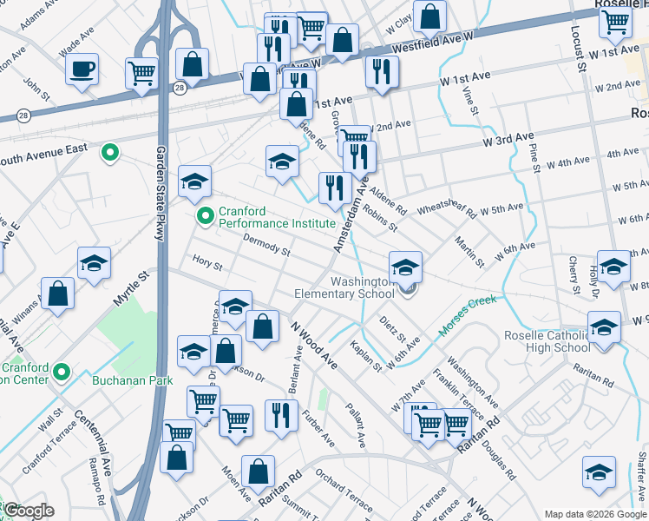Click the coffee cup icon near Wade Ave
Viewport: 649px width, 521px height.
pyautogui.click(x=82, y=69)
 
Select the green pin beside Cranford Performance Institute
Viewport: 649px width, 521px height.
pyautogui.click(x=206, y=216)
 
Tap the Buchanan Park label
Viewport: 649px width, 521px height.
pyautogui.click(x=133, y=380)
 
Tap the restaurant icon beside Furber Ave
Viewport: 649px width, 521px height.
pyautogui.click(x=279, y=415)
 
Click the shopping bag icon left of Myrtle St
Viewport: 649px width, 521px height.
pyautogui.click(x=57, y=294)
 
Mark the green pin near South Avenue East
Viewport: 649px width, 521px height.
pyautogui.click(x=109, y=154)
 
